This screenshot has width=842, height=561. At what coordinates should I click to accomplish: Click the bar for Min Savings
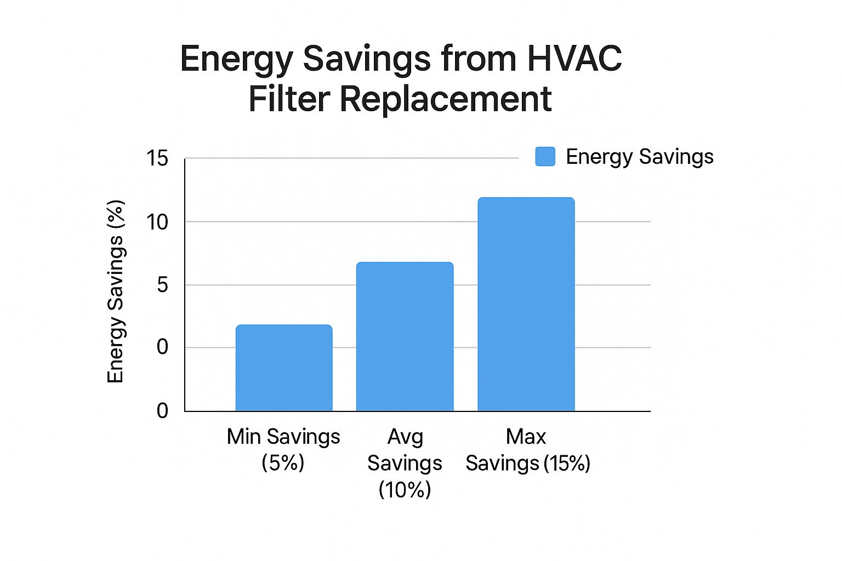pyautogui.click(x=284, y=368)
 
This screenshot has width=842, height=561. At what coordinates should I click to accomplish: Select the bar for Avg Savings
pyautogui.click(x=405, y=336)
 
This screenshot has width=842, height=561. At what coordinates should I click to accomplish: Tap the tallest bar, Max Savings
pyautogui.click(x=526, y=304)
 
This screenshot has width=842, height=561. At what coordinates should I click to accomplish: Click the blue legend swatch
pyautogui.click(x=545, y=157)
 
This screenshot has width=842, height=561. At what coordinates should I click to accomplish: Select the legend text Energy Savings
pyautogui.click(x=639, y=157)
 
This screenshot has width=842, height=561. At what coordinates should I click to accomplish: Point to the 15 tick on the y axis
pyautogui.click(x=157, y=159)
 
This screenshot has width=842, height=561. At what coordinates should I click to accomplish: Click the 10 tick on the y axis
pyautogui.click(x=157, y=222)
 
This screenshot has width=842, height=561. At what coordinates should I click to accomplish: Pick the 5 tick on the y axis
pyautogui.click(x=162, y=285)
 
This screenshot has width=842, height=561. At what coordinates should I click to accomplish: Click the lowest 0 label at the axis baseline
pyautogui.click(x=162, y=411)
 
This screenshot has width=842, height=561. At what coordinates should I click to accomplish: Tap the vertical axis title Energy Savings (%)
pyautogui.click(x=116, y=291)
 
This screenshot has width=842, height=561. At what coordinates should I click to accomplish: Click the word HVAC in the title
pyautogui.click(x=574, y=58)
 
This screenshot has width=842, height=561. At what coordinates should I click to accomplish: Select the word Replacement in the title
pyautogui.click(x=445, y=99)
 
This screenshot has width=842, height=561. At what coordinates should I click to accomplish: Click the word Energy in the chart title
pyautogui.click(x=236, y=59)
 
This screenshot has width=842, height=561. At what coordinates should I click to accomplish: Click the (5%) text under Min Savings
pyautogui.click(x=283, y=463)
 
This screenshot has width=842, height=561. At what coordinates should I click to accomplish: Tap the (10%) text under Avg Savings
pyautogui.click(x=405, y=489)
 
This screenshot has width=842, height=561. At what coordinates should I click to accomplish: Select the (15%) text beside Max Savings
pyautogui.click(x=567, y=463)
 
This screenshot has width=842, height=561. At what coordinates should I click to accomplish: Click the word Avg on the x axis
pyautogui.click(x=405, y=437)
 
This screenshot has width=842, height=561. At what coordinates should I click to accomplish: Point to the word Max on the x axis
pyautogui.click(x=526, y=437)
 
